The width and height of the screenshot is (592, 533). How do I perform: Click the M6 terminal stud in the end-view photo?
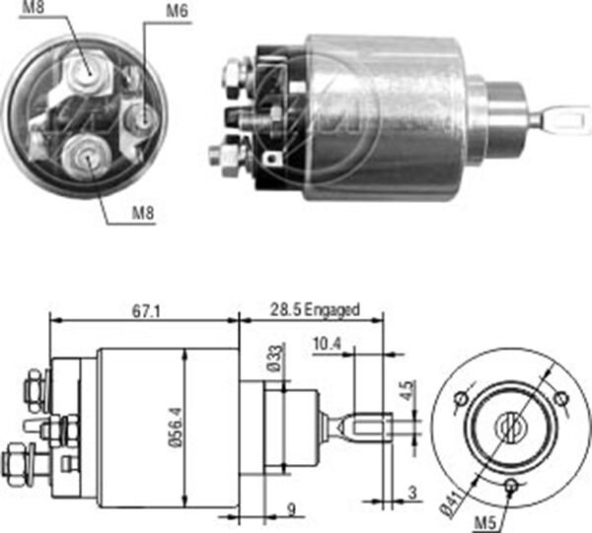[145, 118]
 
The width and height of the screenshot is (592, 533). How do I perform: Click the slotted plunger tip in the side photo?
[557, 120]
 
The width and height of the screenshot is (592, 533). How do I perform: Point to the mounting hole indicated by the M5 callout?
[512, 486]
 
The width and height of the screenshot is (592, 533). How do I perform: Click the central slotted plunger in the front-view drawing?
[509, 427]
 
